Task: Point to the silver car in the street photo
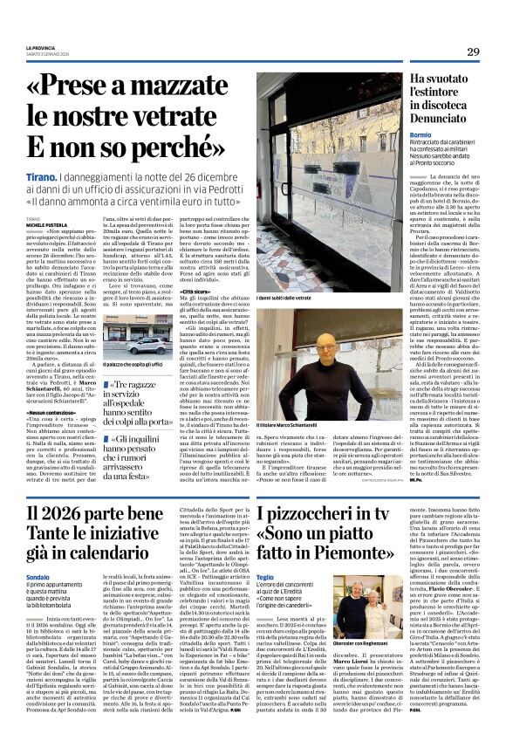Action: point(147,346)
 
